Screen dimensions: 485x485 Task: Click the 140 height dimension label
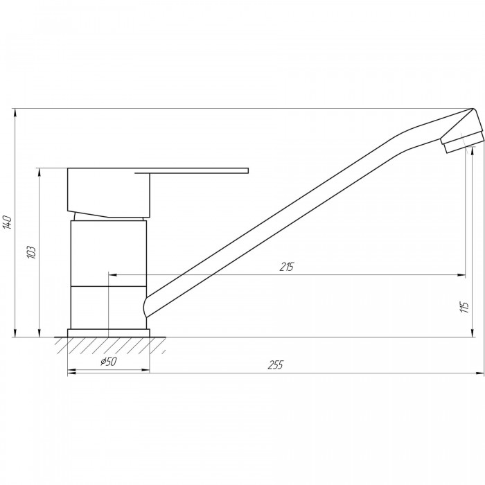7,222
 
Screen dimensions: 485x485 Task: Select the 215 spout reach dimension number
287,267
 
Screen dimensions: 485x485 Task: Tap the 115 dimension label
464,307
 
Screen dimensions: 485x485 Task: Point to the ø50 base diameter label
109,361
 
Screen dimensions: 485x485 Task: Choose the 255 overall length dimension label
275,365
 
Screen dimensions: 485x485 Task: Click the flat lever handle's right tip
248,170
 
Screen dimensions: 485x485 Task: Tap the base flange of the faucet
109,333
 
